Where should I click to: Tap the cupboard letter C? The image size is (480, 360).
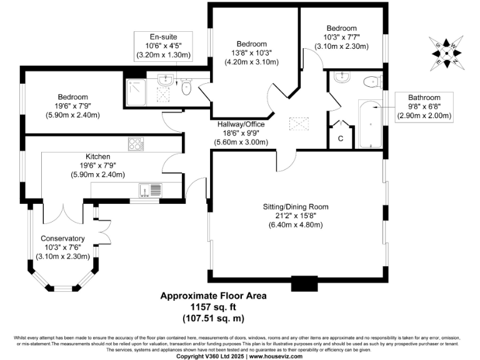(341, 137)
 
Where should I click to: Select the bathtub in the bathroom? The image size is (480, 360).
(369, 124)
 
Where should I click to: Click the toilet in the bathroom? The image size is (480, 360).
(372, 81)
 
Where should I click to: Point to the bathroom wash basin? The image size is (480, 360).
(341, 78)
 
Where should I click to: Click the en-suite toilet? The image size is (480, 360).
(186, 88)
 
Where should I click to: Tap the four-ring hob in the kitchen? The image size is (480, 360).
(136, 144)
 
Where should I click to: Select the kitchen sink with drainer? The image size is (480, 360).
(150, 189)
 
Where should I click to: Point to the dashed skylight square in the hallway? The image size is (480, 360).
(296, 124)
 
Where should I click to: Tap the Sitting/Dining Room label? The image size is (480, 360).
(295, 206)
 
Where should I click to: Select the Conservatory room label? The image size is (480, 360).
(62, 238)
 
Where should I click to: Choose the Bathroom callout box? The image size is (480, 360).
(424, 106)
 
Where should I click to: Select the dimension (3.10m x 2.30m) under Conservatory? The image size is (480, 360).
(62, 256)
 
